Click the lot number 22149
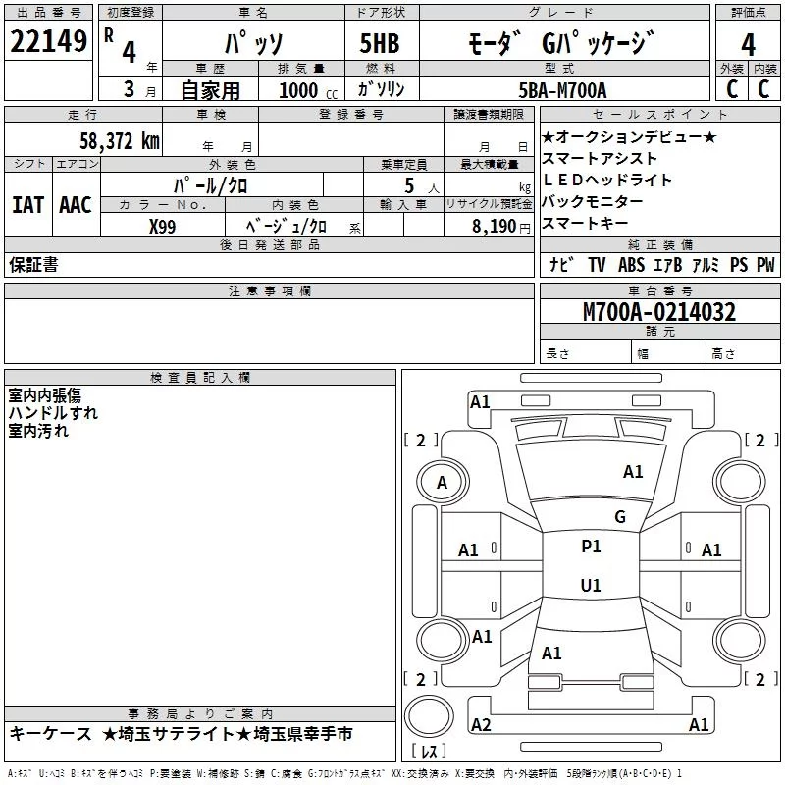point(48,41)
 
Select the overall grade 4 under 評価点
point(748,45)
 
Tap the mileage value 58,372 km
point(120,141)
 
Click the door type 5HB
point(380,43)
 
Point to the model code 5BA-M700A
point(562,90)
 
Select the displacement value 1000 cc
point(308,90)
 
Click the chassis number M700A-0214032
point(659,312)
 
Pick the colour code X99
point(162,227)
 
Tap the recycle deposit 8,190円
point(500,227)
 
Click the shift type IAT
point(28,205)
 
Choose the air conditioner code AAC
point(76,205)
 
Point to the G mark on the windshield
point(620,517)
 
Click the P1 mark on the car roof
point(591,547)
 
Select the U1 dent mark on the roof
point(591,585)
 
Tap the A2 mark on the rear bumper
point(481,724)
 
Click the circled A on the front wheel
point(443,483)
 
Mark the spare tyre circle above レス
point(429,716)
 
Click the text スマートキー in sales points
point(585,224)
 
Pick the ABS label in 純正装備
point(631,264)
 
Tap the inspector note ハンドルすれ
point(53,413)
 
